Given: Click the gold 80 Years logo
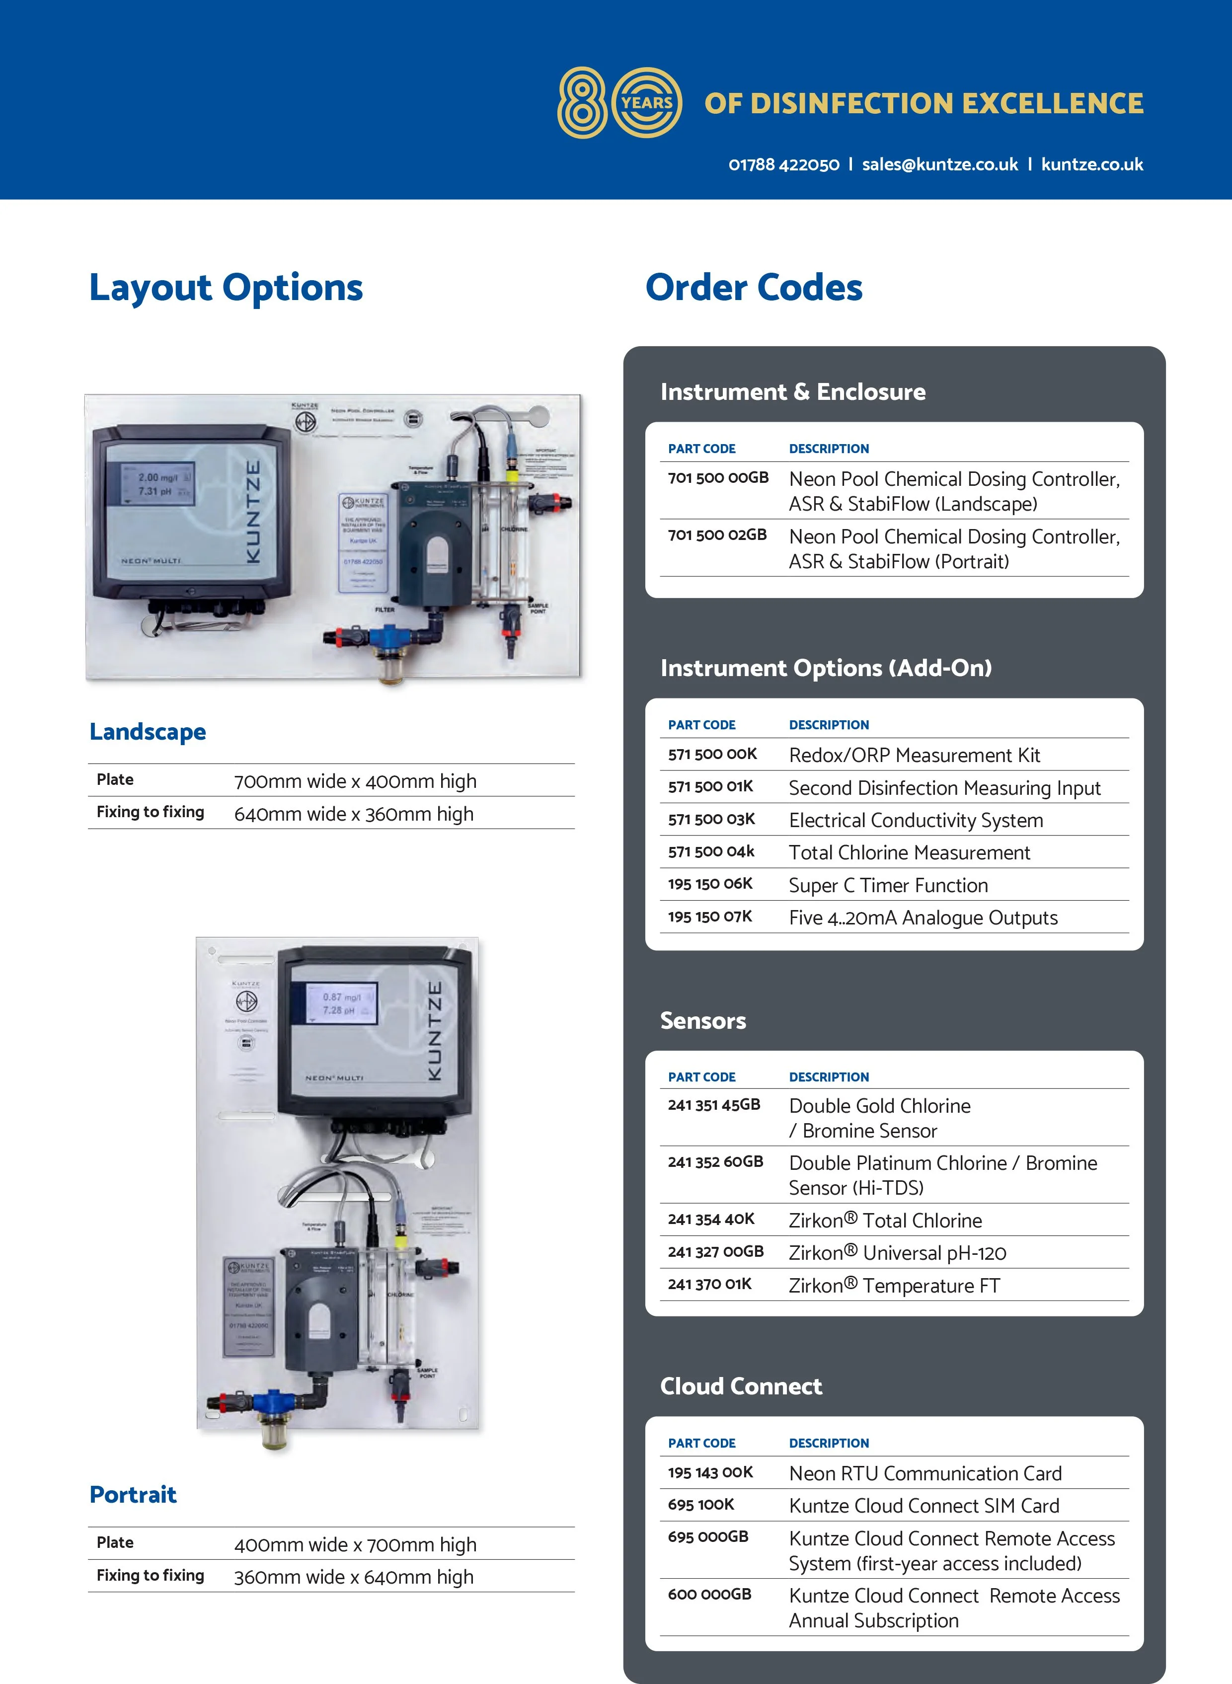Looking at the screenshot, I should pos(619,102).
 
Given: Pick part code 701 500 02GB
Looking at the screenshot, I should pos(717,535).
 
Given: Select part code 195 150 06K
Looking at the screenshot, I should pos(710,884).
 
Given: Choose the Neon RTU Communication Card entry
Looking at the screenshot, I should pos(925,1474).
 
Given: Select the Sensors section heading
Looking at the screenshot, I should pos(702,1020).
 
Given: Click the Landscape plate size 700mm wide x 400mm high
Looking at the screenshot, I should pos(355,781).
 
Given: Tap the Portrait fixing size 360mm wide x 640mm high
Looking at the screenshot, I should pos(354,1577).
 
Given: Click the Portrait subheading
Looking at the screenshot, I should pos(133,1495).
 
